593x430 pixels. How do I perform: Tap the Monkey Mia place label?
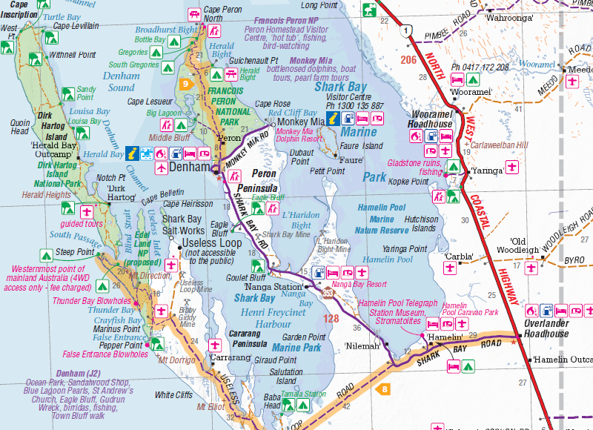[301, 122]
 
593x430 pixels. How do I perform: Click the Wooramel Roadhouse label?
[430, 119]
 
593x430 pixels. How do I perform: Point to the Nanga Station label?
[271, 286]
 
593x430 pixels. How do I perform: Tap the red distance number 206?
[408, 59]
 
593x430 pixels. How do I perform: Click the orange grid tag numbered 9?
[185, 84]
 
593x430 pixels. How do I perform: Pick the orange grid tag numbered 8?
[382, 388]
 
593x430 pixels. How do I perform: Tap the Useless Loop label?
[212, 243]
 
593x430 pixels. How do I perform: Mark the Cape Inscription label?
[19, 9]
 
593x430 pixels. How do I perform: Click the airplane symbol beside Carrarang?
[215, 345]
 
